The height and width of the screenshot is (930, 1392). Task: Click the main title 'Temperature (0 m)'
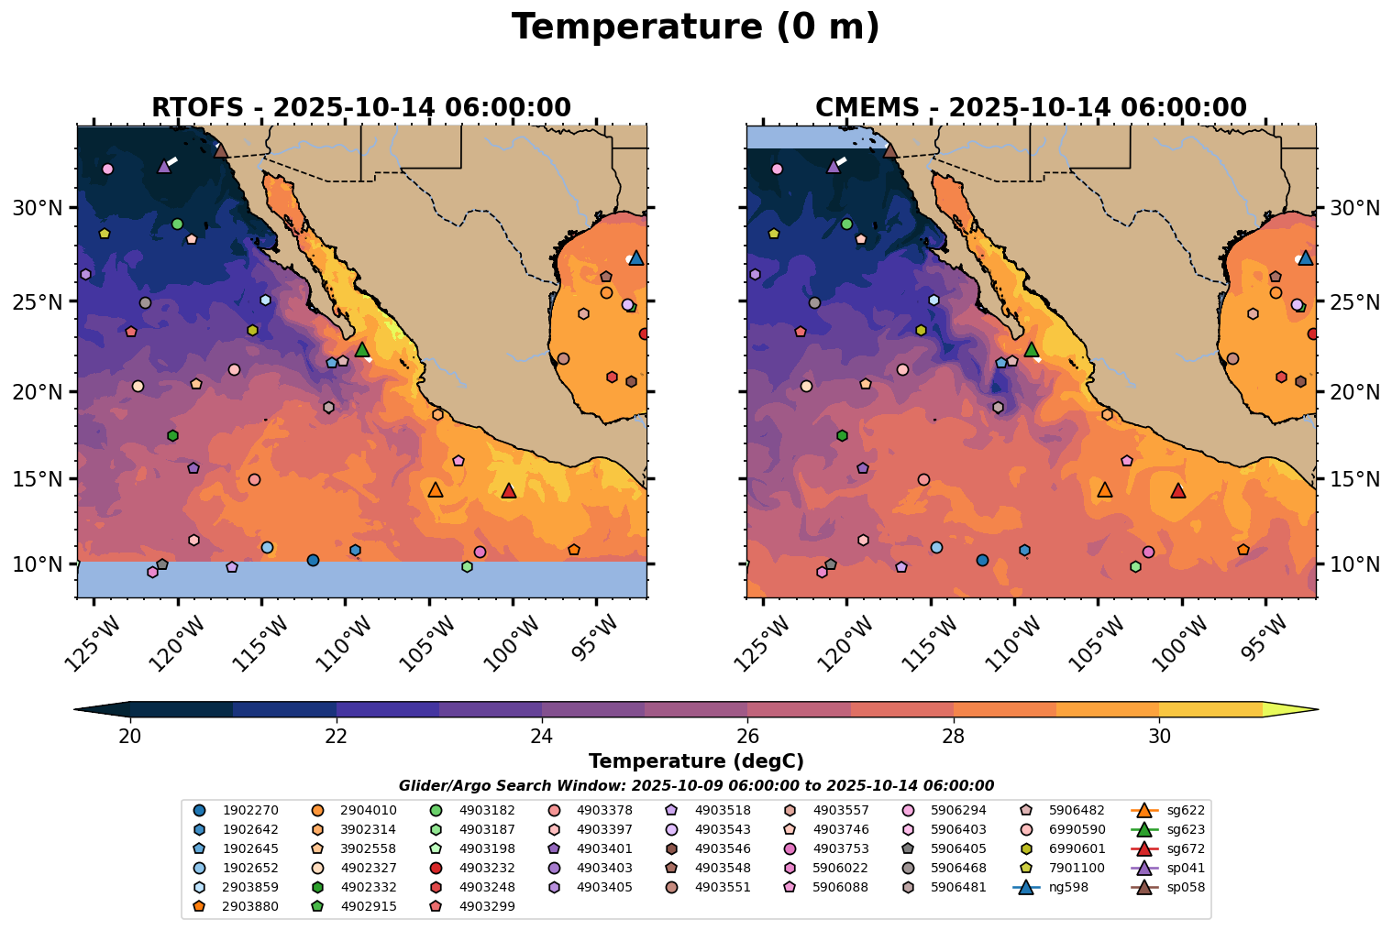(x=695, y=27)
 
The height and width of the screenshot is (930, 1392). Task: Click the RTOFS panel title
(x=361, y=108)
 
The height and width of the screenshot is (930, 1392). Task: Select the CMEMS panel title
(x=1031, y=108)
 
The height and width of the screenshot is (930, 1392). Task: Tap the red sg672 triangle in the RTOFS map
(x=509, y=491)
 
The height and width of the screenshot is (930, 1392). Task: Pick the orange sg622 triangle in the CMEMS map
(x=1105, y=490)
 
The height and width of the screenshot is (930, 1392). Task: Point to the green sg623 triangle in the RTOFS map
(x=362, y=349)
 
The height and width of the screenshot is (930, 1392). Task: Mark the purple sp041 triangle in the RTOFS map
(x=164, y=166)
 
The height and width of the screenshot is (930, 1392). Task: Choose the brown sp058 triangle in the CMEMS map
(x=889, y=150)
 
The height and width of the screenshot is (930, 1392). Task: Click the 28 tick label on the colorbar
(x=954, y=737)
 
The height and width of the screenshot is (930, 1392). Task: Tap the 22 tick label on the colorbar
(x=337, y=737)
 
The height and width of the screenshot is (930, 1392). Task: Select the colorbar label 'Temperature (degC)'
(x=696, y=761)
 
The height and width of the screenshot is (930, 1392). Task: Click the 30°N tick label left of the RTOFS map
(x=38, y=208)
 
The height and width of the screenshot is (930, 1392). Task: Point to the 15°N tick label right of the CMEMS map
(x=1354, y=479)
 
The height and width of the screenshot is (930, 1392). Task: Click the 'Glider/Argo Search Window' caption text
(x=696, y=785)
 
